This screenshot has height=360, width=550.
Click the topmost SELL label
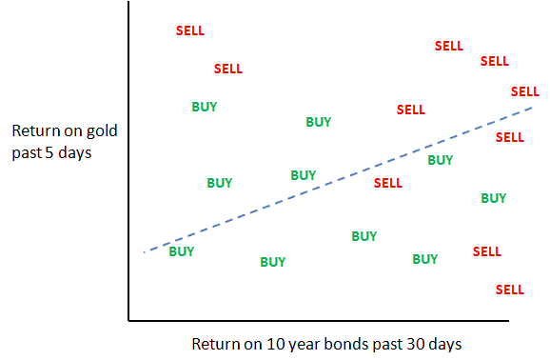click(190, 30)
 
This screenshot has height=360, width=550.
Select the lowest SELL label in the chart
click(510, 290)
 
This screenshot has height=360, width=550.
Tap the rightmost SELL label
click(524, 91)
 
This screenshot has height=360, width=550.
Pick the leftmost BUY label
click(182, 251)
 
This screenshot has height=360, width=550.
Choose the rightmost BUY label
click(494, 198)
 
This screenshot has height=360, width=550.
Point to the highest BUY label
click(205, 107)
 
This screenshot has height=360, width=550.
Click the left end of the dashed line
click(145, 252)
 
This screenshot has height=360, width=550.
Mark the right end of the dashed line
click(533, 108)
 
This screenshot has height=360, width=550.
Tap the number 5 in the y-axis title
click(49, 153)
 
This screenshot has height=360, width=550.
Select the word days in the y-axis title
click(75, 152)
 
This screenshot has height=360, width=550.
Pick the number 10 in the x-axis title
click(275, 344)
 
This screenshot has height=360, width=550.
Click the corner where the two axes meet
click(128, 320)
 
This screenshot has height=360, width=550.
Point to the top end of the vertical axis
click(128, 2)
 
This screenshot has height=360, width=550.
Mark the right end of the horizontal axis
click(509, 320)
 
